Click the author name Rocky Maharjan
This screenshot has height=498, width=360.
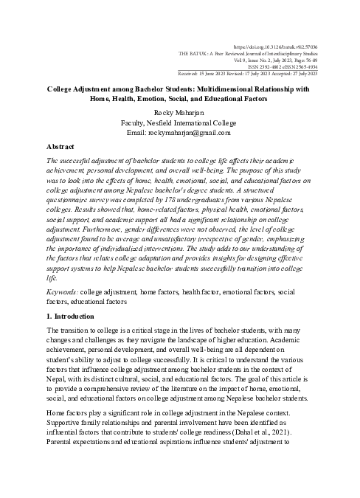[179, 112]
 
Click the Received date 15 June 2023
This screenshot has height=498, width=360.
[212, 74]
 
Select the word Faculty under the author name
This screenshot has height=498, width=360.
[136, 122]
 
